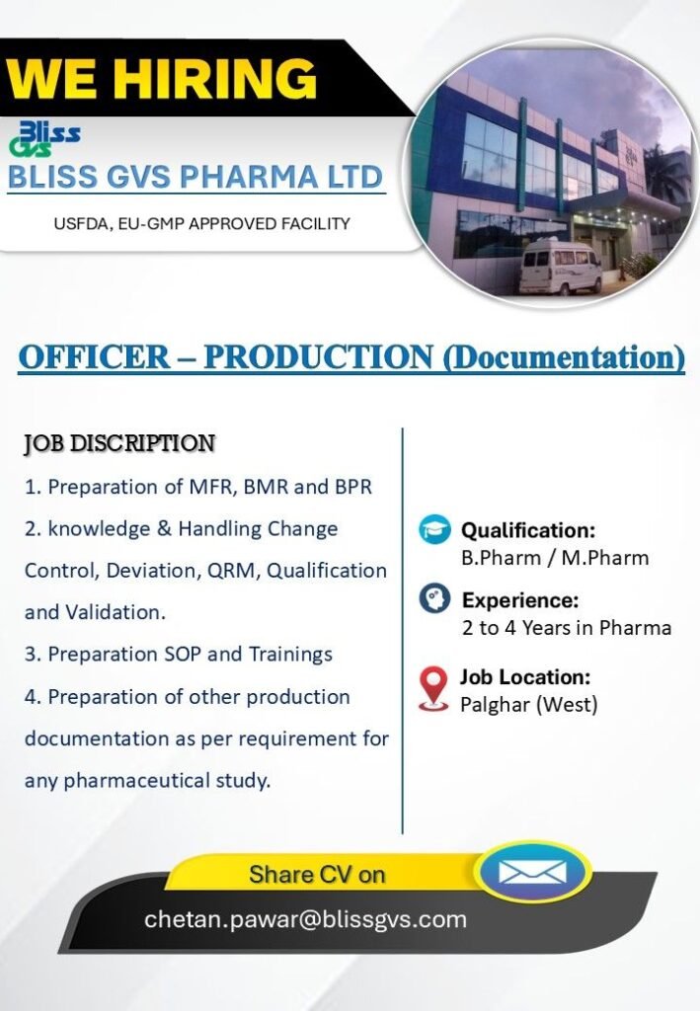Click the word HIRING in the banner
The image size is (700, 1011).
click(x=219, y=78)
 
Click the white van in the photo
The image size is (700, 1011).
click(x=561, y=267)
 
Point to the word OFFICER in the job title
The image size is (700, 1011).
click(x=94, y=356)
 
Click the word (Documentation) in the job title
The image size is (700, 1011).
click(x=564, y=357)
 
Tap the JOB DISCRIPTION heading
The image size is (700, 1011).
click(x=119, y=443)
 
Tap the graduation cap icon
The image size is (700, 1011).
click(x=434, y=529)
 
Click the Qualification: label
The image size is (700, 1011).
click(x=528, y=530)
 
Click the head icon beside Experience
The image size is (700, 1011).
click(x=434, y=598)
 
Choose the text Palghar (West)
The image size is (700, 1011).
click(x=528, y=705)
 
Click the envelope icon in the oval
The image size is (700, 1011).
click(x=533, y=873)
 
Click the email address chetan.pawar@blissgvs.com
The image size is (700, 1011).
click(x=305, y=919)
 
